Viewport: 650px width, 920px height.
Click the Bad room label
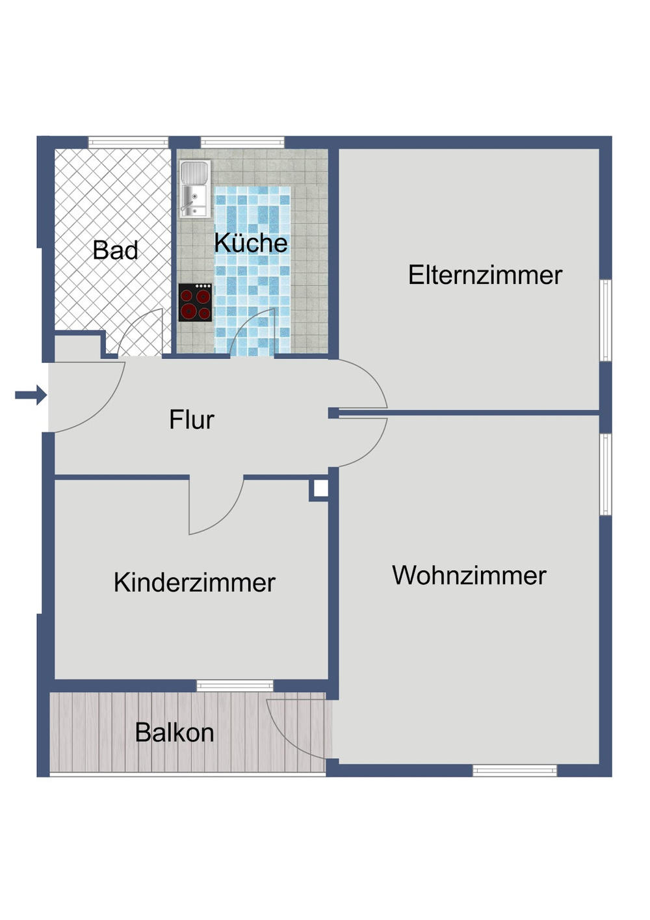coord(115,250)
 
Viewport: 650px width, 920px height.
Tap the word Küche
coord(251,243)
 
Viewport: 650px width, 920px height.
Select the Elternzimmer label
coord(485,275)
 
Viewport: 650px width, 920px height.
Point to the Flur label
coord(191,420)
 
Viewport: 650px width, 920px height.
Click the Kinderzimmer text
coord(194,583)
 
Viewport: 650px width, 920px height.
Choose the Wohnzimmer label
coord(469,575)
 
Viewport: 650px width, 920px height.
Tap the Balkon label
coord(174,733)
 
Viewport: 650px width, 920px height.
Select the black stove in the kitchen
coord(195,303)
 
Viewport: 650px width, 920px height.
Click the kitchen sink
coord(194,189)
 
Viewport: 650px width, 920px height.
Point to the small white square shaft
coord(320,489)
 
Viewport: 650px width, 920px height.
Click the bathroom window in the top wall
coord(128,142)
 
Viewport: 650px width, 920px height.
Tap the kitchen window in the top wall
coord(242,142)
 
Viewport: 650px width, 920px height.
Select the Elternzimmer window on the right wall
coord(605,320)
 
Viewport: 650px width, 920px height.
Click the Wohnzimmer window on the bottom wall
coord(514,770)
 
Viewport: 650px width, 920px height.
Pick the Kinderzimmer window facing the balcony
coord(235,685)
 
